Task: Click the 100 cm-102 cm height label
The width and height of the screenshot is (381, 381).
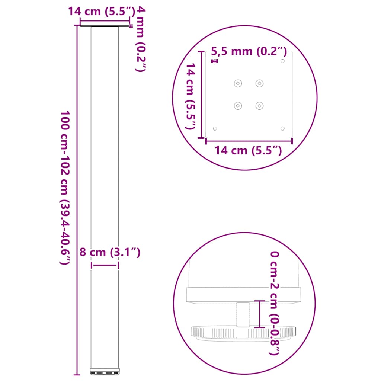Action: pyautogui.click(x=65, y=187)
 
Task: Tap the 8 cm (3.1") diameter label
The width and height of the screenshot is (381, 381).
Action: pyautogui.click(x=110, y=253)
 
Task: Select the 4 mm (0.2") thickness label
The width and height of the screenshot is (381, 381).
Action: pyautogui.click(x=139, y=39)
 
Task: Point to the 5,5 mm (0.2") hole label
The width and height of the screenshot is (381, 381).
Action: pyautogui.click(x=249, y=52)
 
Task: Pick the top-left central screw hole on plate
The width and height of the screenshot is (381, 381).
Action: pyautogui.click(x=237, y=83)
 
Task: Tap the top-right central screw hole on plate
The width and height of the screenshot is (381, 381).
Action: pyautogui.click(x=259, y=83)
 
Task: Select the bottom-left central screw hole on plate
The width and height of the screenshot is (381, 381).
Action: pyautogui.click(x=237, y=106)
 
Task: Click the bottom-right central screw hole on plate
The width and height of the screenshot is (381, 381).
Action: pyautogui.click(x=259, y=106)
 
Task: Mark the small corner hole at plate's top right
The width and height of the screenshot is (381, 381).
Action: pyautogui.click(x=283, y=61)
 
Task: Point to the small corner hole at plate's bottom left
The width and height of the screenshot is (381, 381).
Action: pyautogui.click(x=214, y=128)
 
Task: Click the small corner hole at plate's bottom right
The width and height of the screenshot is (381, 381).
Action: pyautogui.click(x=283, y=128)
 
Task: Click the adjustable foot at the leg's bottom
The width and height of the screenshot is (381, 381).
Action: pyautogui.click(x=105, y=371)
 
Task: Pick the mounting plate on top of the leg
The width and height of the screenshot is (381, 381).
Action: pyautogui.click(x=105, y=26)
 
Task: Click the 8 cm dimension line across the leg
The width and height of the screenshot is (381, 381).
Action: pyautogui.click(x=105, y=265)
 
